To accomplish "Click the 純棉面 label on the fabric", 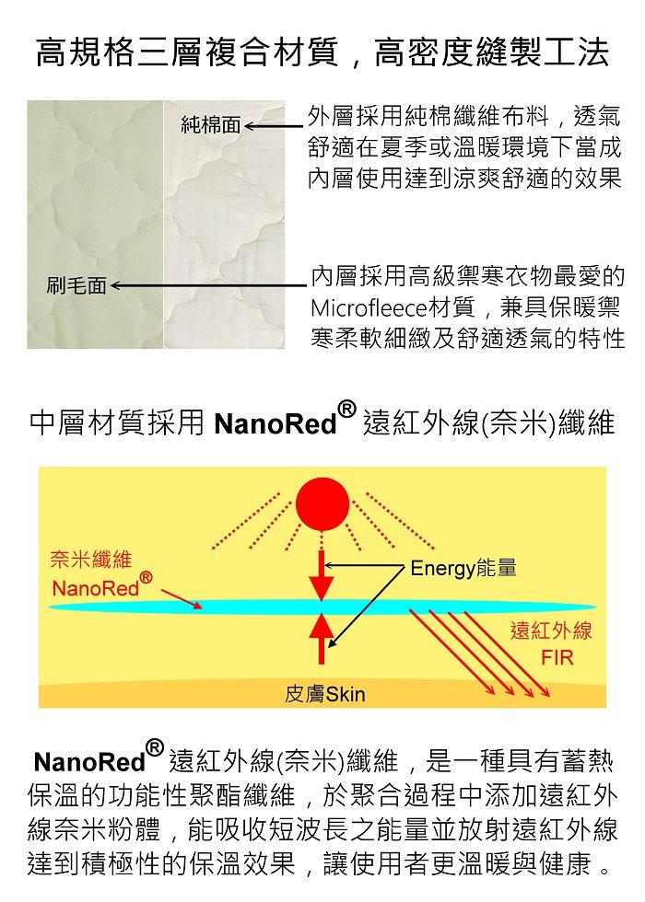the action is pos(211,125).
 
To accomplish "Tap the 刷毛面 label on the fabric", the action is pos(76,285).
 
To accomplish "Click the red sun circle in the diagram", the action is pos(322,503).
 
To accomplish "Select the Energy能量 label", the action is pos(463,569).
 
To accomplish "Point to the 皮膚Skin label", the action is pos(324,694).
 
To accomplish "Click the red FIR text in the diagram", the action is pos(557,657).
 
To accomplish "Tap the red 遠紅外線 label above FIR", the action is pos(551,630).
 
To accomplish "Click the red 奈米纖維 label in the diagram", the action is pos(91,560).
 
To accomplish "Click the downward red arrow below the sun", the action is pos(322,576).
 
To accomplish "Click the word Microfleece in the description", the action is pos(369,307).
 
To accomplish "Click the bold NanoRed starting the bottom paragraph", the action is pos(89,762).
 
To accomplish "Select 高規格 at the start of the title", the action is pos(85,53).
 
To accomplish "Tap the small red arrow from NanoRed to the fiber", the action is pos(182,599).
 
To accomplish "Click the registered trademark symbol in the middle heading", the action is pos(346,409).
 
